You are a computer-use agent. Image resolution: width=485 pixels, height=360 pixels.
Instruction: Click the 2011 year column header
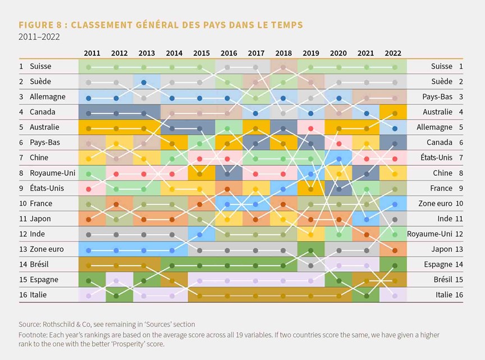click(92, 53)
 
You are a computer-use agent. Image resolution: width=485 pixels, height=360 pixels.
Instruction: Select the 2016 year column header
click(228, 53)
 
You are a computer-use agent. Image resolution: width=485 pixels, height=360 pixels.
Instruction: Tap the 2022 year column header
click(393, 53)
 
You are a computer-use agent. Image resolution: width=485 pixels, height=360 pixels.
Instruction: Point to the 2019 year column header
click(311, 53)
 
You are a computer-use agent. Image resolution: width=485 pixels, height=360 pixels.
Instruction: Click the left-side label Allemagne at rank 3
click(48, 97)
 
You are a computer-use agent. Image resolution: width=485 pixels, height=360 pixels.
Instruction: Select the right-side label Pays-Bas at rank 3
click(437, 97)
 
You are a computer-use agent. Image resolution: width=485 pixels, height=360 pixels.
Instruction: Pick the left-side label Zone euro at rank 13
click(47, 249)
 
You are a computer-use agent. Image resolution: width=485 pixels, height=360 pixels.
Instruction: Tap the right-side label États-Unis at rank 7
click(436, 158)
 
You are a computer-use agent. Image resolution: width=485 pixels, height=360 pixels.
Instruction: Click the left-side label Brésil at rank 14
click(39, 265)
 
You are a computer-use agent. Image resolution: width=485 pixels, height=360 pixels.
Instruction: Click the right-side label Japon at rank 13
click(442, 249)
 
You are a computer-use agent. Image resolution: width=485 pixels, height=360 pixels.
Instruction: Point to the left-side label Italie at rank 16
click(38, 295)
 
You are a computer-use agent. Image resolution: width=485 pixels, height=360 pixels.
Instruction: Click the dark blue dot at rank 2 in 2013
click(144, 83)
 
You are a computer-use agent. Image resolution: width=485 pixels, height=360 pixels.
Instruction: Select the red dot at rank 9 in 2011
click(89, 189)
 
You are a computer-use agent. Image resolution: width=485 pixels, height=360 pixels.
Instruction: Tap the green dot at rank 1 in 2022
click(395, 67)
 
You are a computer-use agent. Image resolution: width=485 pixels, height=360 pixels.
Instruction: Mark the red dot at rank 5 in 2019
click(311, 129)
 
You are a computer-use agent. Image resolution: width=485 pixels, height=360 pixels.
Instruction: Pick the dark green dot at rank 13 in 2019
click(311, 250)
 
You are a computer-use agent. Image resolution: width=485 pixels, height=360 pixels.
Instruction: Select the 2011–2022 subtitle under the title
click(39, 37)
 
